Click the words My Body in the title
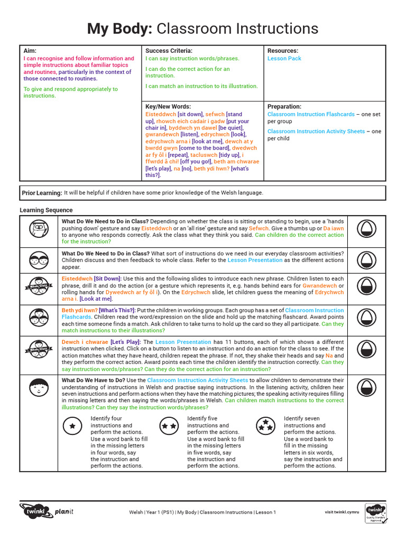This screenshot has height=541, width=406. pos(119,29)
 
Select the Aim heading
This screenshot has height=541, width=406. pos(30,50)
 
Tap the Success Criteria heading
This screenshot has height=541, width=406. pos(169,51)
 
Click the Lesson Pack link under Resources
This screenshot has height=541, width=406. pos(284,59)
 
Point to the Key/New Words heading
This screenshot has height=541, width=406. pos(168,107)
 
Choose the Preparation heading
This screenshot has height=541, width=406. pos(284,107)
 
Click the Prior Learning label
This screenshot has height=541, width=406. pos(42,193)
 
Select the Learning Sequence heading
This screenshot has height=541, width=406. pos(46,210)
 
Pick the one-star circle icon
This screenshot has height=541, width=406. pos(72,425)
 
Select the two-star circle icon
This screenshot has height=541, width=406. pos(169,425)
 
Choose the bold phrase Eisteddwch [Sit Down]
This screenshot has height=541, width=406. pos(91,278)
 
